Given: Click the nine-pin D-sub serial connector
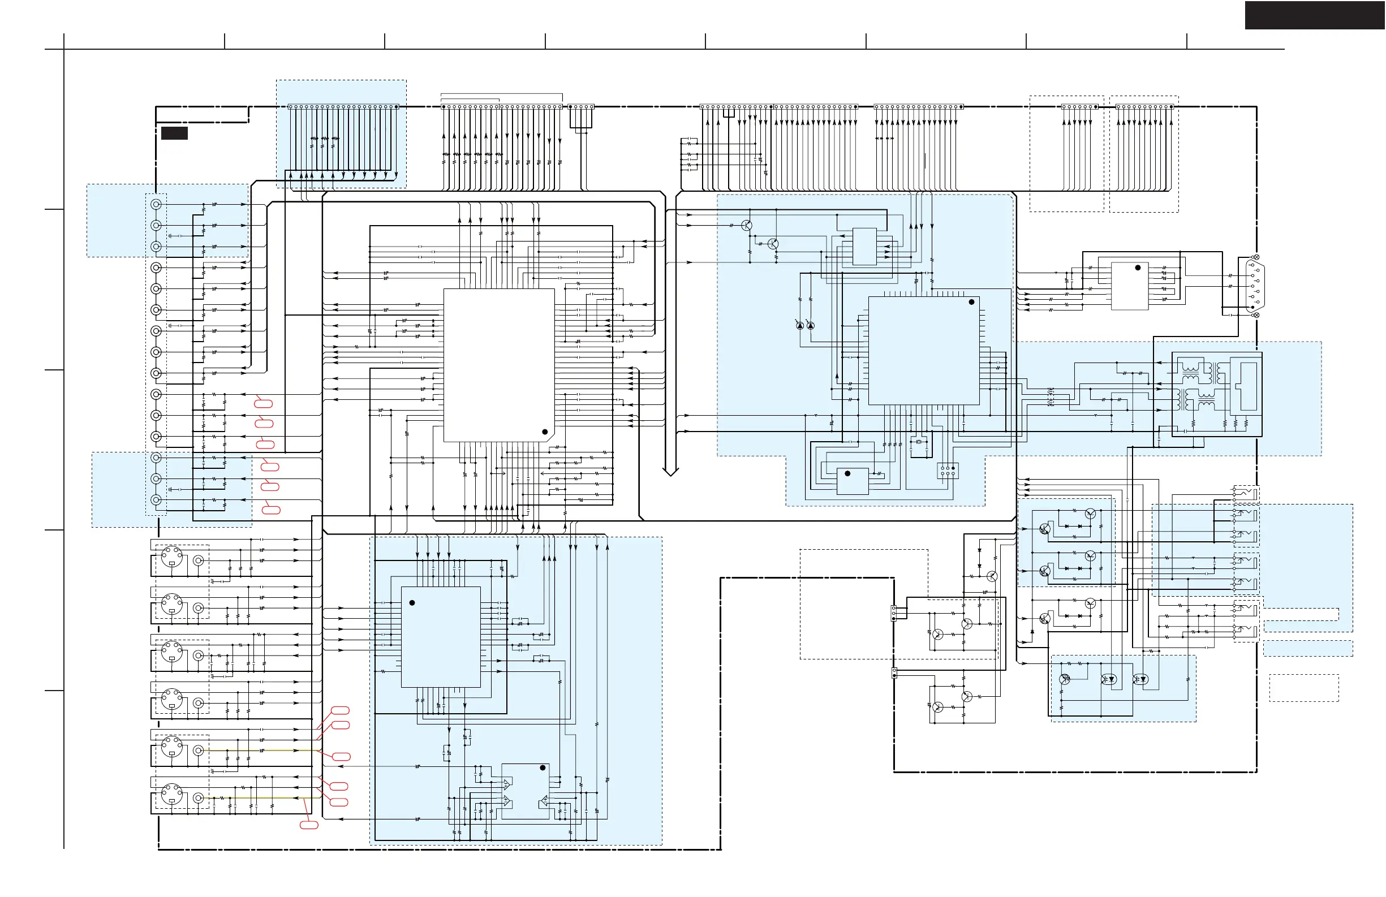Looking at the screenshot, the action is click(1254, 286).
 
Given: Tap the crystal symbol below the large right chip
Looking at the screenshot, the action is click(918, 442).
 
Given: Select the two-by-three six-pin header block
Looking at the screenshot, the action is click(948, 471).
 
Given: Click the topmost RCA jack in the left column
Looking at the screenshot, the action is click(156, 204).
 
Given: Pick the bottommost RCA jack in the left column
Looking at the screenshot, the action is click(156, 499).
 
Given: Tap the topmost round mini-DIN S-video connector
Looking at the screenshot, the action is click(172, 557).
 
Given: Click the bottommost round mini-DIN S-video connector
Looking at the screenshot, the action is click(172, 794).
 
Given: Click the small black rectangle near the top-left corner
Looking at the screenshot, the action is click(174, 133).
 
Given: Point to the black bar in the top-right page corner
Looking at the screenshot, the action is click(1314, 15).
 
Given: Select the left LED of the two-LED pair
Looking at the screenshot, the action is click(800, 325).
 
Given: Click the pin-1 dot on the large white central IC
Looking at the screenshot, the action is click(544, 432).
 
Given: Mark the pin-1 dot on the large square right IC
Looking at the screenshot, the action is click(971, 302).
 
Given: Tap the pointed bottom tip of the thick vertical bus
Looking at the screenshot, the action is click(670, 474).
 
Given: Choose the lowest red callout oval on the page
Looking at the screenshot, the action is click(309, 825).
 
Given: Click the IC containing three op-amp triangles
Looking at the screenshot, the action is click(526, 792).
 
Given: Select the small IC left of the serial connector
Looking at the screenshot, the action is click(1130, 286).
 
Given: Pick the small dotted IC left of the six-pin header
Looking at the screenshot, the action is click(853, 481).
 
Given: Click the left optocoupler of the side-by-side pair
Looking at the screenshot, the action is click(1109, 679).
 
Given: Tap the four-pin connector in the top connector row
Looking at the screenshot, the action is click(580, 107).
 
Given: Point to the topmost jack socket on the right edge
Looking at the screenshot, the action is click(1245, 493).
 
